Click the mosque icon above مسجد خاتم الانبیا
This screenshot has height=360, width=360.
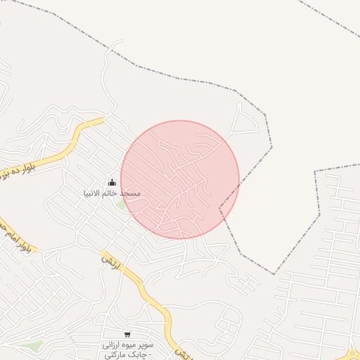click(112, 183)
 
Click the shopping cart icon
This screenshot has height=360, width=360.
click(127, 335)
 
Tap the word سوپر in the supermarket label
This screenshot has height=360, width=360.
click(145, 345)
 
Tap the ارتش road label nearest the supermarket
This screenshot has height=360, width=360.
click(181, 351)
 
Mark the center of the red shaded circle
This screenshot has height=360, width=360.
click(180, 179)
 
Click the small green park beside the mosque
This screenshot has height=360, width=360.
click(122, 205)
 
